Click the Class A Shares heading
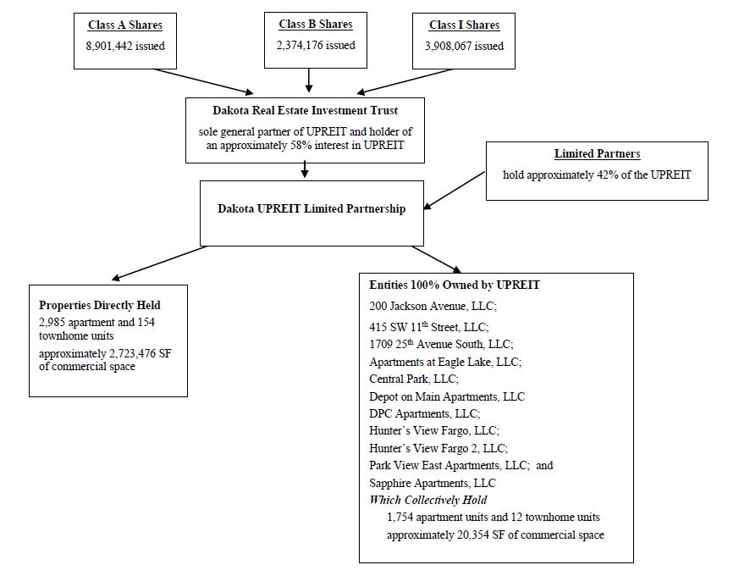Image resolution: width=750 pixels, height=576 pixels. pyautogui.click(x=124, y=25)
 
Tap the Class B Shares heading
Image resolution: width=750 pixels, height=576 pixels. pyautogui.click(x=316, y=24)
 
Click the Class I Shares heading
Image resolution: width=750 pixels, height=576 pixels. pyautogui.click(x=464, y=25)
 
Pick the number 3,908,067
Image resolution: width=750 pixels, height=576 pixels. pyautogui.click(x=448, y=46)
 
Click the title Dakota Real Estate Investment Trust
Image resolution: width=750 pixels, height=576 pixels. pyautogui.click(x=306, y=111)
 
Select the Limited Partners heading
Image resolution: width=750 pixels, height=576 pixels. pyautogui.click(x=597, y=153)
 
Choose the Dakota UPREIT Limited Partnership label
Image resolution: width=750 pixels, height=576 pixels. pyautogui.click(x=312, y=208)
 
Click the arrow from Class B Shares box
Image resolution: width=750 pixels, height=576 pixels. pyautogui.click(x=309, y=80)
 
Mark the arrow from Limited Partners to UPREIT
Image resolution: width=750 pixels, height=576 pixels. pyautogui.click(x=455, y=191)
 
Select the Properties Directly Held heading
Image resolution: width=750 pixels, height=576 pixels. pyautogui.click(x=100, y=305)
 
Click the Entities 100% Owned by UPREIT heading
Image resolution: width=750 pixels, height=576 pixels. pyautogui.click(x=455, y=285)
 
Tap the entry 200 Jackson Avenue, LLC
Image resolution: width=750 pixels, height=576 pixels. pyautogui.click(x=433, y=306)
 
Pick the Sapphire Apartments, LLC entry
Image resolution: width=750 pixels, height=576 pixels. pyautogui.click(x=433, y=483)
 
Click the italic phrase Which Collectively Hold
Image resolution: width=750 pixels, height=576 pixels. pyautogui.click(x=428, y=500)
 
